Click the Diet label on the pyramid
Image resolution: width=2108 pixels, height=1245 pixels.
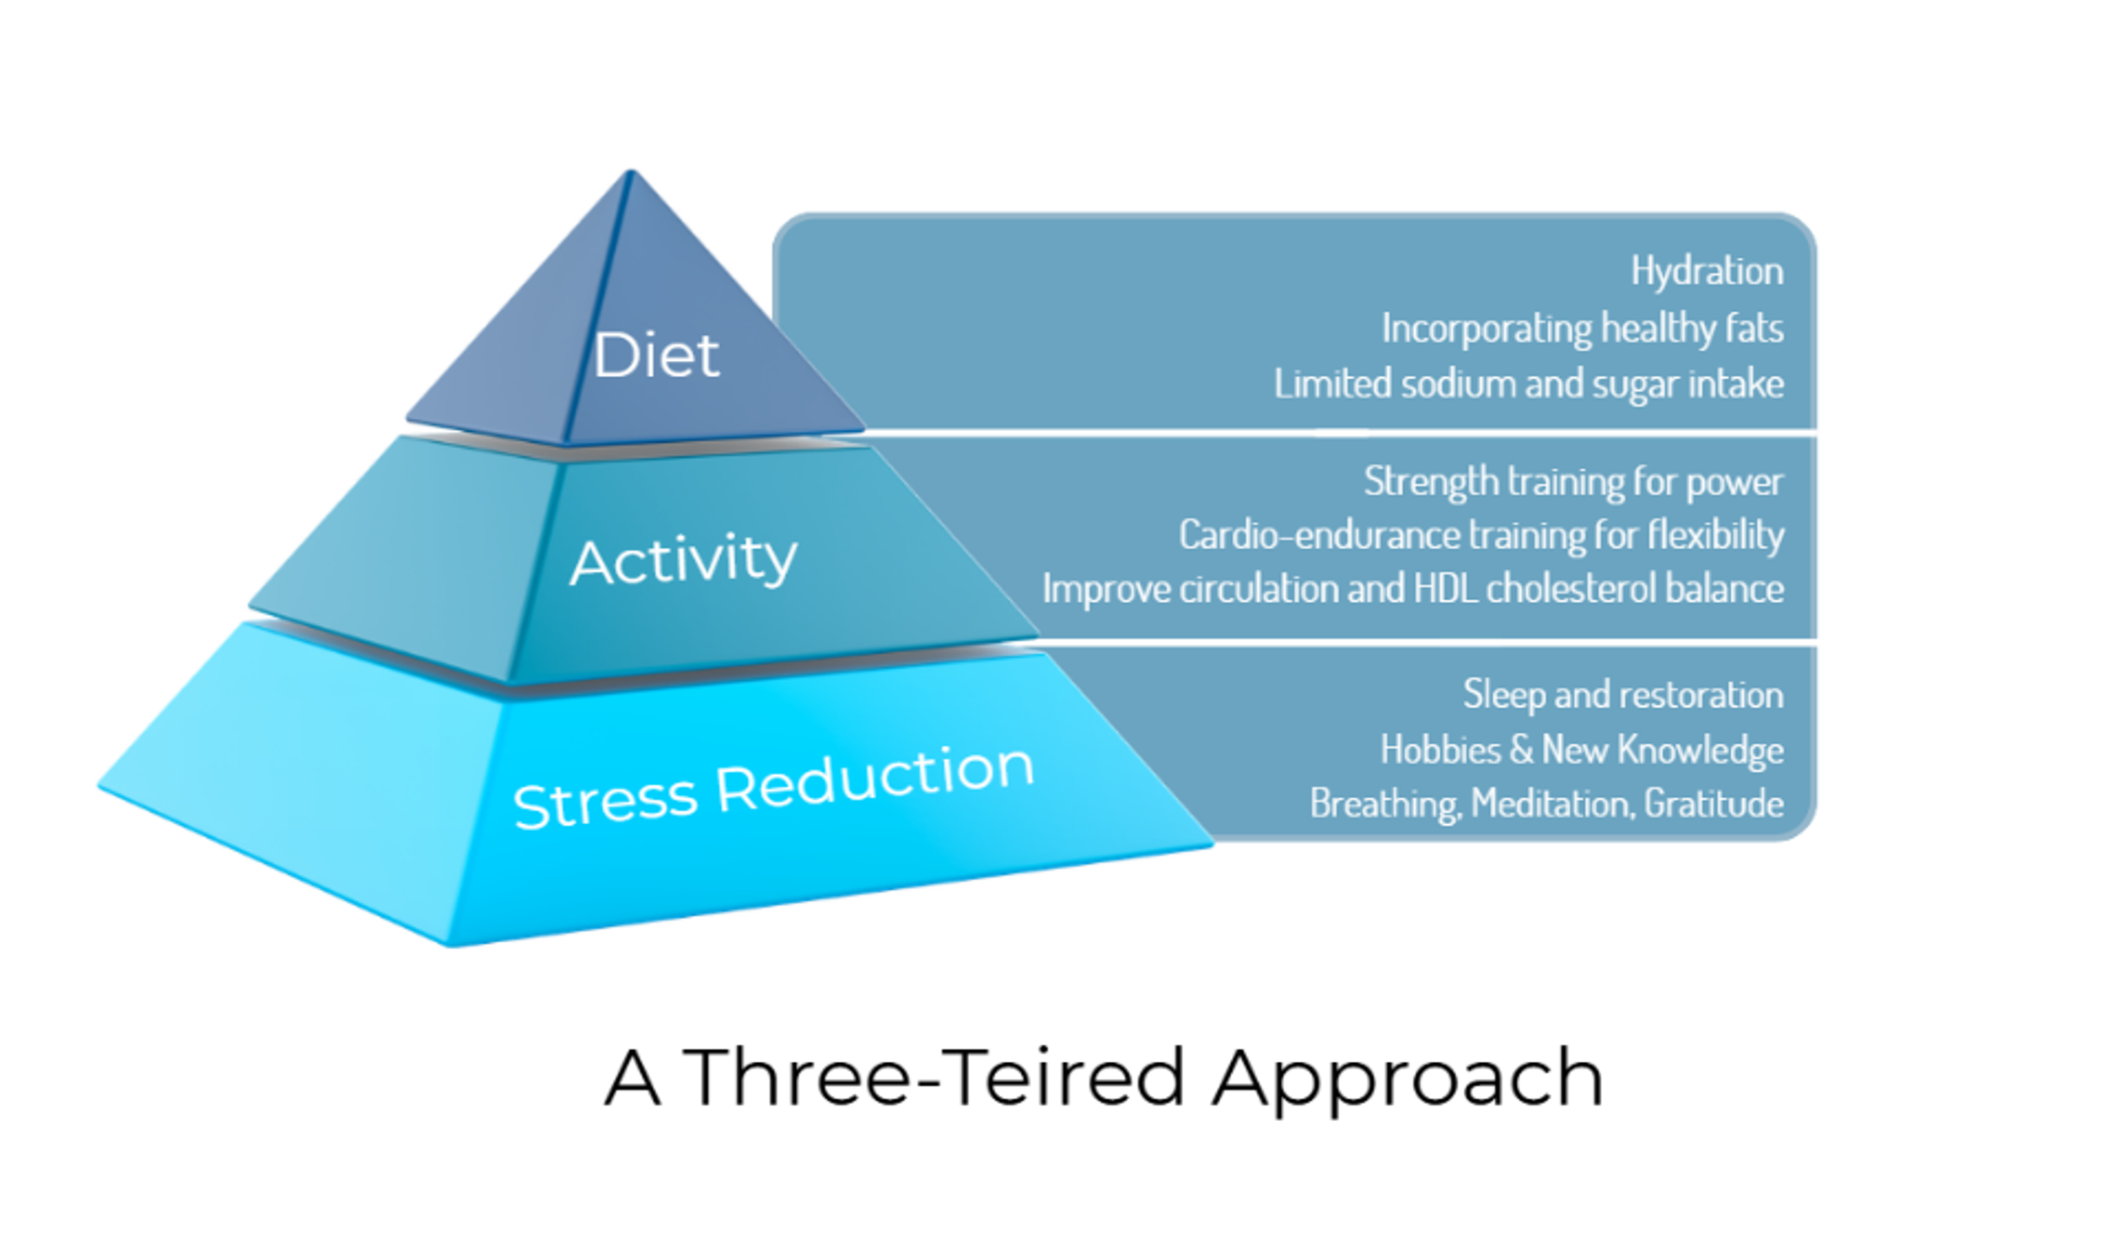click(x=656, y=355)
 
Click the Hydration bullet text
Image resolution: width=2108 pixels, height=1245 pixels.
click(x=1707, y=272)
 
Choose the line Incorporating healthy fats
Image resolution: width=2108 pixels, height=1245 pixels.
click(x=1582, y=328)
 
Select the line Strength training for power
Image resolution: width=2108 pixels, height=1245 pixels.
click(x=1573, y=482)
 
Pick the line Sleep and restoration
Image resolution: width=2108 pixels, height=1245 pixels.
click(x=1623, y=695)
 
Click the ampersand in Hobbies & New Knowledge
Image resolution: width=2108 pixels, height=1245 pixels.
click(x=1521, y=749)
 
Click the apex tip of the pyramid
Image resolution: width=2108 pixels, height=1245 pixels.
click(x=631, y=173)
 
